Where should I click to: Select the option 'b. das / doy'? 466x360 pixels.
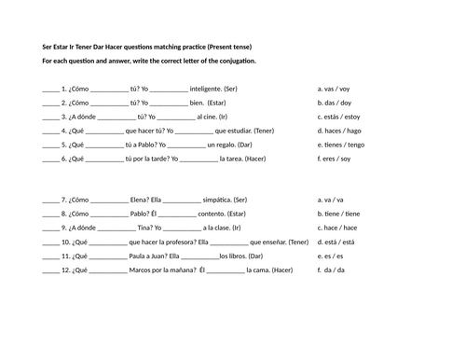[x=334, y=103]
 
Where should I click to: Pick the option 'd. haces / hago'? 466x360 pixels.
[x=338, y=132]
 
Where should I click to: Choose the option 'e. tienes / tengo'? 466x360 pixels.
[x=340, y=145]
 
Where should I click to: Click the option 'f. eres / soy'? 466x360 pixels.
[x=334, y=159]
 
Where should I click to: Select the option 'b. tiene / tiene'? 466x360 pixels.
[x=337, y=214]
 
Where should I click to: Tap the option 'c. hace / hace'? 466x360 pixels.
[x=336, y=228]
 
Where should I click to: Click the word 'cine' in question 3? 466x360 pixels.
[x=205, y=118]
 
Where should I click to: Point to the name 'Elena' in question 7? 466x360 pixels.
[x=143, y=200]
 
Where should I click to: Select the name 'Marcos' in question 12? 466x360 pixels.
[x=145, y=270]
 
